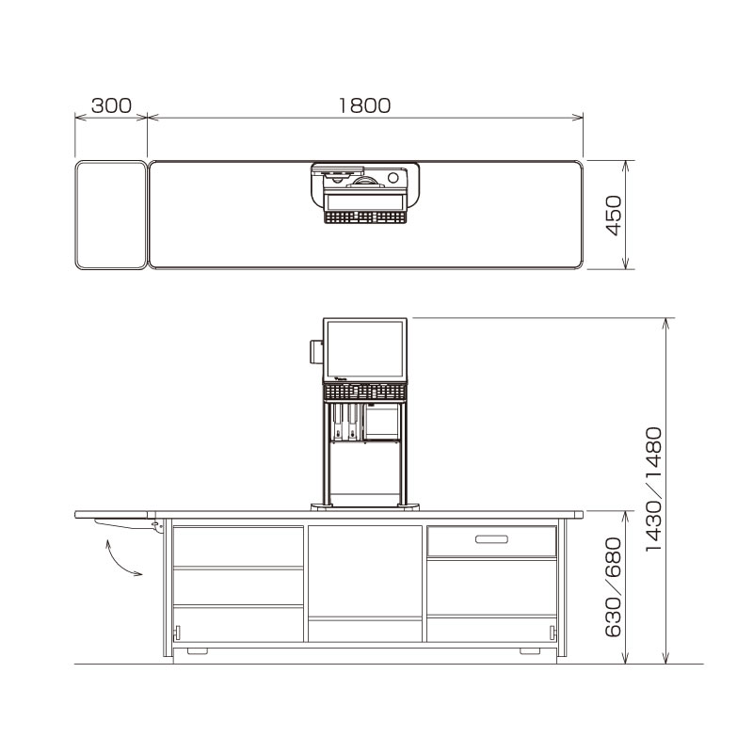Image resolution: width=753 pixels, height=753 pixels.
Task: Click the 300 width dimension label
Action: point(111,105)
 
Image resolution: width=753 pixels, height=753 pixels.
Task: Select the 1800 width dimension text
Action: point(364,105)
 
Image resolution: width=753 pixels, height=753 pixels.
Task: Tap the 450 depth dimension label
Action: point(613,216)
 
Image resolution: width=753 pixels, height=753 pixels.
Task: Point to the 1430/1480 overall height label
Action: point(656,489)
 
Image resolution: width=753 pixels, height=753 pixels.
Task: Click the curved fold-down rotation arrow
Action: point(120,558)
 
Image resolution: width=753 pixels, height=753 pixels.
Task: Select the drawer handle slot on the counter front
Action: point(491,539)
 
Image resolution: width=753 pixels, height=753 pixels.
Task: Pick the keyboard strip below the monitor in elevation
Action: point(366,391)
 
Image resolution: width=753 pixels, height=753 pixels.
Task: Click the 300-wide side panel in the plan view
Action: point(110,216)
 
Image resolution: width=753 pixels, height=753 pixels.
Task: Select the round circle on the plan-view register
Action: point(392,177)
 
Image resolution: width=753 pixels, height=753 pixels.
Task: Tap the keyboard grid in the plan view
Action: point(365,217)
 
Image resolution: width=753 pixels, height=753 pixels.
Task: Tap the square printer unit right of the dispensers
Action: point(381,422)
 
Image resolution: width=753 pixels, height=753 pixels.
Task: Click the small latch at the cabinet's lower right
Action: point(553,630)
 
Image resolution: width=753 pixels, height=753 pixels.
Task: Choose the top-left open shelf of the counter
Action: point(238,547)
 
